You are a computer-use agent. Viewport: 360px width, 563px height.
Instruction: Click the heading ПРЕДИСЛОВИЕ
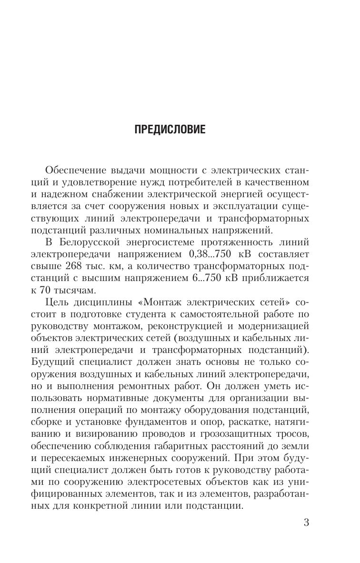click(x=170, y=130)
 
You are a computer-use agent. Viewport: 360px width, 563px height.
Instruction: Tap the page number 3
click(x=306, y=523)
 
